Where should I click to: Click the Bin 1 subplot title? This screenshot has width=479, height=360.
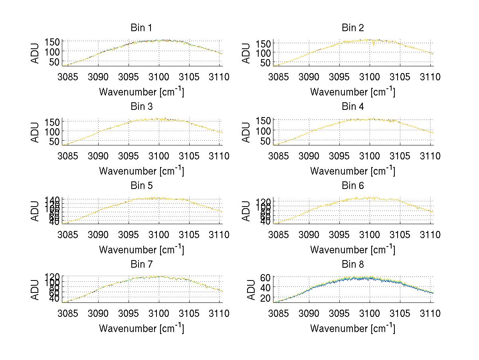(141, 28)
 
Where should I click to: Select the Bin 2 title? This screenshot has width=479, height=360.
(353, 28)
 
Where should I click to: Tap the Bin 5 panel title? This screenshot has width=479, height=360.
(141, 186)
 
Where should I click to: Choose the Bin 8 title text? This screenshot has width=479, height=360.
(353, 265)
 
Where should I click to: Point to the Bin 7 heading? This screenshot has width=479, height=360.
(141, 265)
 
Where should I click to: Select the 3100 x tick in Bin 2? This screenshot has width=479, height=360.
(370, 77)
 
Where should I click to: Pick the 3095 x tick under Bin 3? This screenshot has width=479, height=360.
(129, 156)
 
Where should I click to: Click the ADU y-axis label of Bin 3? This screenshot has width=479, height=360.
(36, 132)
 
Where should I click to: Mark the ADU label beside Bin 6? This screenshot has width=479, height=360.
(247, 211)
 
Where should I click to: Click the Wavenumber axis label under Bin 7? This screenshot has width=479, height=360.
(141, 328)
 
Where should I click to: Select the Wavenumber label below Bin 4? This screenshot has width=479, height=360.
(352, 171)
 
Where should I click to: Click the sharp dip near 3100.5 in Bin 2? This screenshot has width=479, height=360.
(374, 45)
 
